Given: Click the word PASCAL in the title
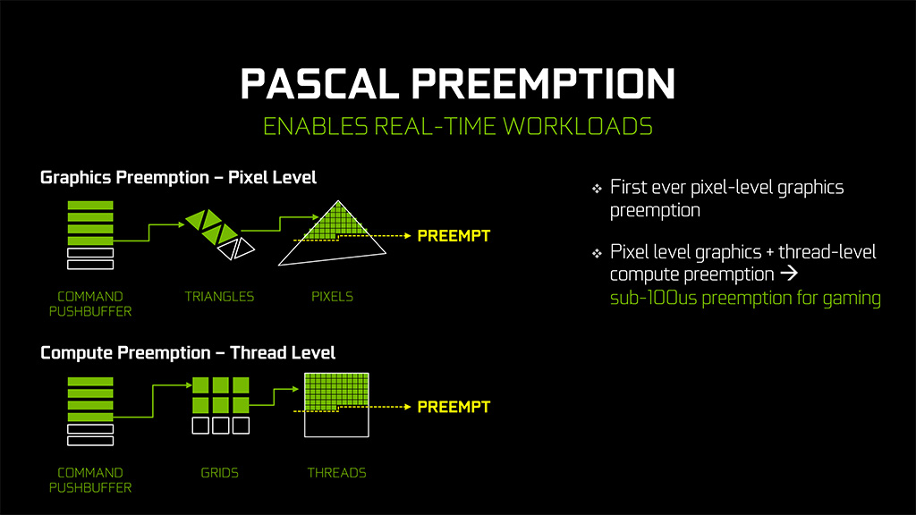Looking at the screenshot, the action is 319,84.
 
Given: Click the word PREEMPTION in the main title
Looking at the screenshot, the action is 543,84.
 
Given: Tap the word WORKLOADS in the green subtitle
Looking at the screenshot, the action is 578,127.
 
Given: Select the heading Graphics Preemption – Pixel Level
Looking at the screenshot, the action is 178,178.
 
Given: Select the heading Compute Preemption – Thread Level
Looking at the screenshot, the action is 188,352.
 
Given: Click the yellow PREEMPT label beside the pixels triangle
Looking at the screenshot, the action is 454,236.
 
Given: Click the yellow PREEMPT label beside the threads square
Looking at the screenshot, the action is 454,407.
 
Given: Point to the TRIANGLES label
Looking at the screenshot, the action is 220,297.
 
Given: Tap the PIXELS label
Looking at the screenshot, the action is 333,297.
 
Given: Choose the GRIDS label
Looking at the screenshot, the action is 220,473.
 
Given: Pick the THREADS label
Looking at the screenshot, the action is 337,473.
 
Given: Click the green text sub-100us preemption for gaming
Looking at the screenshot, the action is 745,299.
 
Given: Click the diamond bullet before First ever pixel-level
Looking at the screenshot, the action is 597,189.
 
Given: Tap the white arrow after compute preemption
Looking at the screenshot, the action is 789,273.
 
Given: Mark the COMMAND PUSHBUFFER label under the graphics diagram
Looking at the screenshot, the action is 90,304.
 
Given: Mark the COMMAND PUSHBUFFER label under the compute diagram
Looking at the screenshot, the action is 90,480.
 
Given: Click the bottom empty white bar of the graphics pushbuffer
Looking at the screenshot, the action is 90,265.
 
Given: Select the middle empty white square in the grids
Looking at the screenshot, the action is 221,425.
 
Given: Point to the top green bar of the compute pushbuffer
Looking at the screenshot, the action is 90,382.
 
